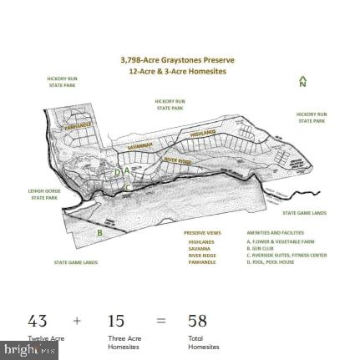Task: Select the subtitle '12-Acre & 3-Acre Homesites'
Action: (x=177, y=71)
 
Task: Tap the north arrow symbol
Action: (x=302, y=82)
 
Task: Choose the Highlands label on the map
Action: (x=203, y=132)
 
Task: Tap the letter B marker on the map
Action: (x=100, y=233)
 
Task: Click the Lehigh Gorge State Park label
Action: (x=44, y=194)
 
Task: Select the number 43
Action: (x=38, y=321)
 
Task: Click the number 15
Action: (x=115, y=321)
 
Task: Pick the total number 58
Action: (x=197, y=321)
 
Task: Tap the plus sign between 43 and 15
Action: (x=77, y=321)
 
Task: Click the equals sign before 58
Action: (x=160, y=321)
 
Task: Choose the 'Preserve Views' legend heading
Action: (x=202, y=233)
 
